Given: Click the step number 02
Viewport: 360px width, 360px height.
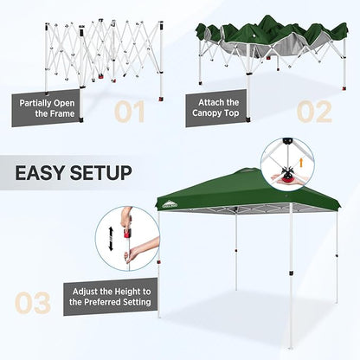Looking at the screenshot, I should pos(314,112).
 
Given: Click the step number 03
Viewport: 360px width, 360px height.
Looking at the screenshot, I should pos(34,302).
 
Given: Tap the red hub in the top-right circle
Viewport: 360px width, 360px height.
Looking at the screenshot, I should pos(288,176).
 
